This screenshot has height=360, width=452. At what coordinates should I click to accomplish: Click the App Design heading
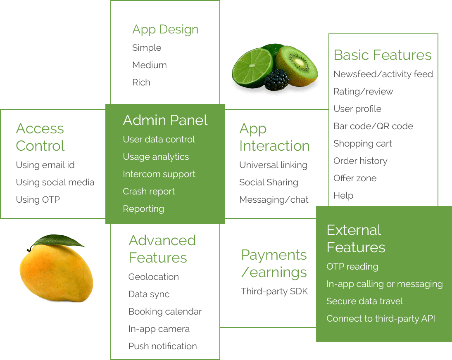165,30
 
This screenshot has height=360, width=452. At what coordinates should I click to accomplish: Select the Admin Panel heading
165,121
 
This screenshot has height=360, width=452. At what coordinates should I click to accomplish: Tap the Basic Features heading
383,55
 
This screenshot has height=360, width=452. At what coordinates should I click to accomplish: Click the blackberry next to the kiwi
277,80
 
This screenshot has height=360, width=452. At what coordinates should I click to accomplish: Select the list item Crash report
149,192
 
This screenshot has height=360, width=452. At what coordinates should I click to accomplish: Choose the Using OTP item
38,200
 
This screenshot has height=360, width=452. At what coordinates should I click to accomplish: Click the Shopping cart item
363,144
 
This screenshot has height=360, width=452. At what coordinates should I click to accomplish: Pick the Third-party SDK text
274,291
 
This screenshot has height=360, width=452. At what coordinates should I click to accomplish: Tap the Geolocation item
154,277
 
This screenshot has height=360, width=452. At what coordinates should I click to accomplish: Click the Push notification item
162,346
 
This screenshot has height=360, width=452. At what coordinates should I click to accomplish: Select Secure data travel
365,301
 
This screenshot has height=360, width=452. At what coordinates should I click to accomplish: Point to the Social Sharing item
269,182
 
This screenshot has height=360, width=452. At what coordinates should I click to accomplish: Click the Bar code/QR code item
373,126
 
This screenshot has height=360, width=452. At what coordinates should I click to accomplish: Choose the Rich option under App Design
141,83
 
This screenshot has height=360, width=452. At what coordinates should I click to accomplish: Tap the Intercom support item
159,174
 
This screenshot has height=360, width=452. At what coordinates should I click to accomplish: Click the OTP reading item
352,267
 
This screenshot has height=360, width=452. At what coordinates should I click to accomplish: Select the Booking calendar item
165,312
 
